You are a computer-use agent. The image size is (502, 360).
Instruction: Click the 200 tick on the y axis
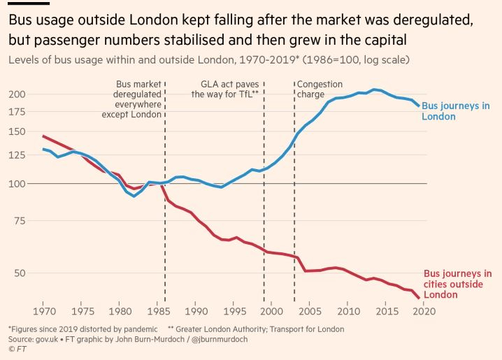[x=18, y=94]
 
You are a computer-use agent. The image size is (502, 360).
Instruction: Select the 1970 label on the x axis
[x=45, y=310]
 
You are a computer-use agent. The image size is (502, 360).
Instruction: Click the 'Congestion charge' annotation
[x=320, y=89]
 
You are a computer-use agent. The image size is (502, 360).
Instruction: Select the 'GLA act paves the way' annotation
[x=225, y=89]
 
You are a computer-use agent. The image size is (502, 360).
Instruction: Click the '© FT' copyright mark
[x=18, y=350]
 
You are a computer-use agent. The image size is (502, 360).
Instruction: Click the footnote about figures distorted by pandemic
[x=83, y=329]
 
